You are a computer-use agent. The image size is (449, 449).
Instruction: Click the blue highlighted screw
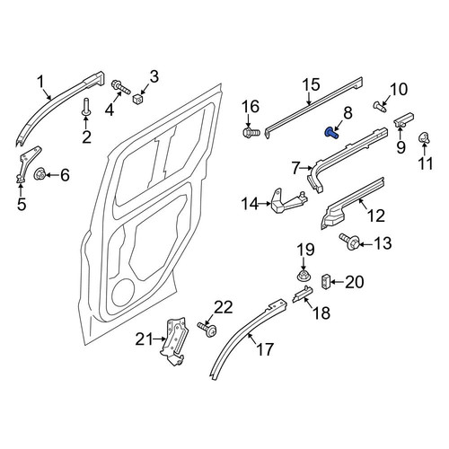(331, 133)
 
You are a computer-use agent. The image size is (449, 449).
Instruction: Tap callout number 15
(311, 84)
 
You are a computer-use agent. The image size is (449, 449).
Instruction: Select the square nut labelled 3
(137, 98)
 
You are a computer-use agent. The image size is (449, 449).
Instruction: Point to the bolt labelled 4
(120, 86)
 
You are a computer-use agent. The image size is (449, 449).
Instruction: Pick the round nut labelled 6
(40, 174)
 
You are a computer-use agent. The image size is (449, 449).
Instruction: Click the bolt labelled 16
(251, 132)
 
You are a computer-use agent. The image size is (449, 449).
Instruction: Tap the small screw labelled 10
(380, 106)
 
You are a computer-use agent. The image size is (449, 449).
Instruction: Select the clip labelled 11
(423, 137)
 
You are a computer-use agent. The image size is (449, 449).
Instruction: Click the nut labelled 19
(304, 275)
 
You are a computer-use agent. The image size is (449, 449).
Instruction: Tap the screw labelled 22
(207, 329)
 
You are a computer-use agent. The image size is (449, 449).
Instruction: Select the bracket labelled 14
(287, 204)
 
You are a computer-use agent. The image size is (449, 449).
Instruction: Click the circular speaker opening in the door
(123, 293)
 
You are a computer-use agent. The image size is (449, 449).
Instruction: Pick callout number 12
(375, 216)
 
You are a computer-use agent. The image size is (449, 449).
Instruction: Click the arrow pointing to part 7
(307, 168)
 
